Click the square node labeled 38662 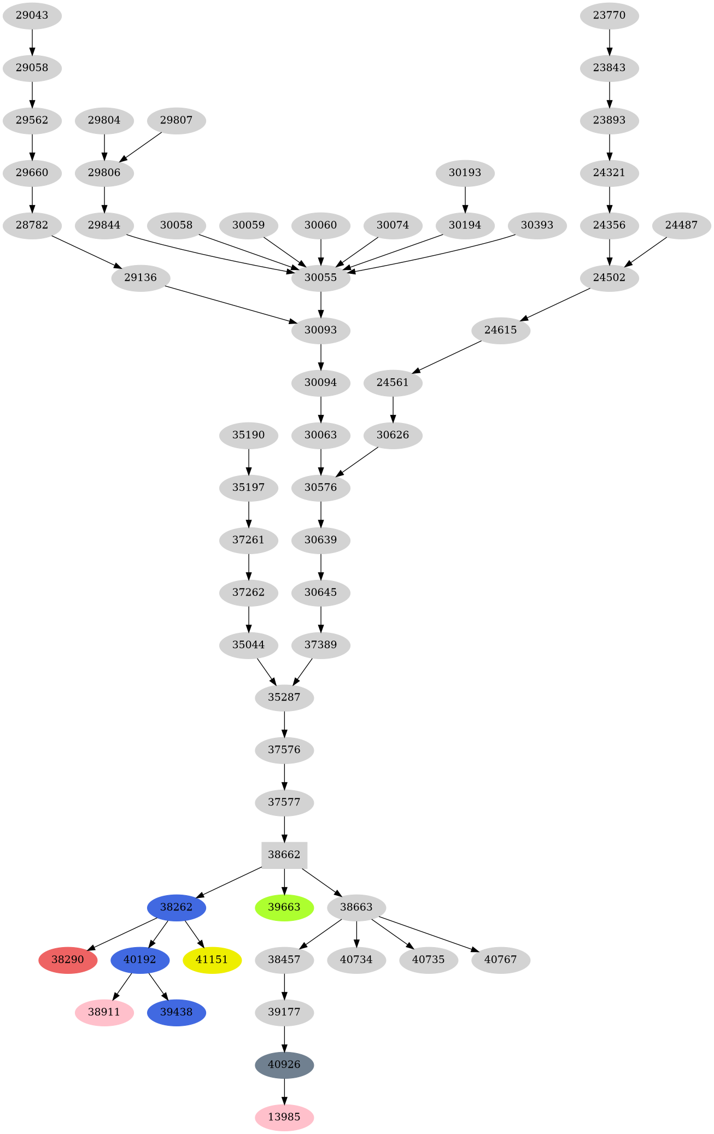[x=284, y=855]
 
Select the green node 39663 [x=284, y=907]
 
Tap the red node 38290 [x=68, y=960]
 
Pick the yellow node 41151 [x=212, y=960]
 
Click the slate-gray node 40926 [x=284, y=1065]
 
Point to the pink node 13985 [x=284, y=1117]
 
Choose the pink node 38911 [x=104, y=1012]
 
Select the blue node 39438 [x=176, y=1012]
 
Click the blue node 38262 [x=176, y=907]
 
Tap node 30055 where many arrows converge [x=320, y=278]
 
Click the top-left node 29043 [x=32, y=15]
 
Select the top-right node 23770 [x=609, y=15]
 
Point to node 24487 [x=681, y=225]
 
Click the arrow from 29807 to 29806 [x=141, y=146]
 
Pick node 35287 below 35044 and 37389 [x=284, y=697]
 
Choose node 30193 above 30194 [x=465, y=173]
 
